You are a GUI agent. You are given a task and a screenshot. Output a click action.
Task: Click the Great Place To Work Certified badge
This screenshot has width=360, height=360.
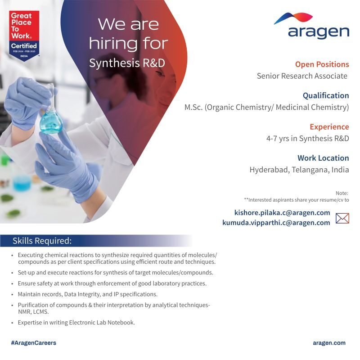pos(24,36)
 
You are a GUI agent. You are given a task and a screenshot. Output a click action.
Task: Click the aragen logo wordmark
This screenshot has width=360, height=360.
pos(319,32)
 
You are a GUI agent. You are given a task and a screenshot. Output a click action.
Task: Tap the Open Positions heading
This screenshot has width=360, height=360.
pos(322,64)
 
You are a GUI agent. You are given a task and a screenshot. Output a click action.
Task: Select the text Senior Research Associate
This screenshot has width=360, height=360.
pos(302,76)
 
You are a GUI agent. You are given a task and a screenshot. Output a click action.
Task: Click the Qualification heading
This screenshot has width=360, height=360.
pos(326,95)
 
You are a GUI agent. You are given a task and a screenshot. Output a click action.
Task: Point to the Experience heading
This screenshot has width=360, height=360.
pos(329,127)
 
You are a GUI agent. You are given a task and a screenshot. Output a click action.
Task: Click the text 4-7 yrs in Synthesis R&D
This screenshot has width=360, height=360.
pos(307,139)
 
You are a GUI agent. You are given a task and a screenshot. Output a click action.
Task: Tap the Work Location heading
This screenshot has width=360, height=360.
pos(323,158)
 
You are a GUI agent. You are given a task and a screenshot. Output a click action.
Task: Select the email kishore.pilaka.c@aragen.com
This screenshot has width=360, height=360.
pos(282,212)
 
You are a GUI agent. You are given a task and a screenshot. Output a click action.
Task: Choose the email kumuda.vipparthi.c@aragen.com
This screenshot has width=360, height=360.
pos(276,222)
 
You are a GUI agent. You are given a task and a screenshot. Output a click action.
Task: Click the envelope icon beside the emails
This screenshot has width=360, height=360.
pos(342,218)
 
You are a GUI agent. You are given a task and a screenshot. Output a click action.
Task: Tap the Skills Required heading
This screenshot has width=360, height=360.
pos(42,241)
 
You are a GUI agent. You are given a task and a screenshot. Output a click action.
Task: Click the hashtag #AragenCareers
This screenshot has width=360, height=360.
pos(33,343)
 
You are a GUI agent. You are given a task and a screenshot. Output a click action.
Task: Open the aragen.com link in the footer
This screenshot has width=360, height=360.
pos(329,343)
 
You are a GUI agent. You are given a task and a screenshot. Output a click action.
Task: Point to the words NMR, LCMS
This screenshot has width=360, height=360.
pos(33,312)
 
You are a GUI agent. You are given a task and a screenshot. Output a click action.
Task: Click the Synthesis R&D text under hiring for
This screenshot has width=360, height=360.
pos(127,63)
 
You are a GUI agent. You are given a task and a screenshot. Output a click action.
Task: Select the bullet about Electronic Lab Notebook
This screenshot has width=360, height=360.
pos(76,323)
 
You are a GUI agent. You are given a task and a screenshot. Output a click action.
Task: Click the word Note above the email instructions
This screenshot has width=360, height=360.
pos(342,193)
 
